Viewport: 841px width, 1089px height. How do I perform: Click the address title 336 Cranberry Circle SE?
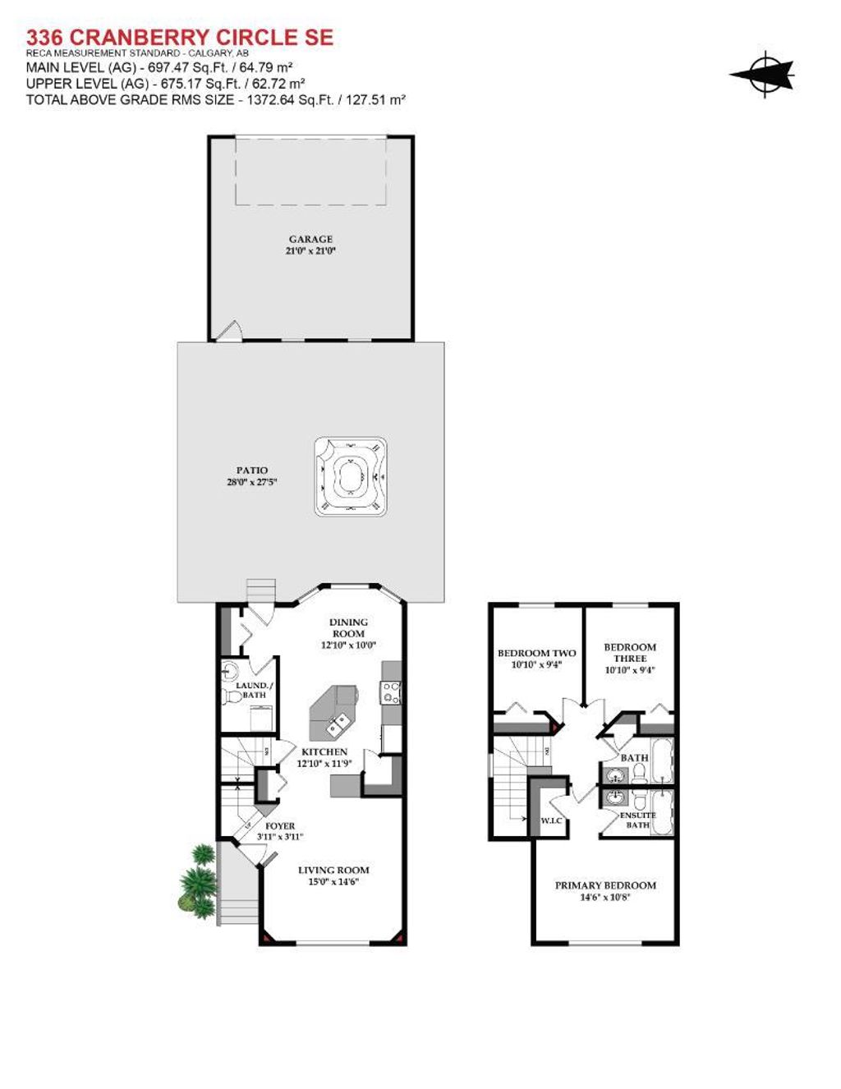(x=180, y=37)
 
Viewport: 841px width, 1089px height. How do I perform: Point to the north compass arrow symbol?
(x=763, y=75)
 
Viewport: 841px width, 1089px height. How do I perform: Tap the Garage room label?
(x=310, y=239)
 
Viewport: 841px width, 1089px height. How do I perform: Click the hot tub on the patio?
(x=351, y=476)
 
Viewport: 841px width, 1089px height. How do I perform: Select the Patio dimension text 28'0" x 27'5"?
(x=252, y=482)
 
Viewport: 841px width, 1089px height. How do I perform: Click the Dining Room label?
(x=348, y=627)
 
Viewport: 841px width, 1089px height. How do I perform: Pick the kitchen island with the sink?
(x=333, y=712)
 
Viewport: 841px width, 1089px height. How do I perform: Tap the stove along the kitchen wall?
(x=391, y=692)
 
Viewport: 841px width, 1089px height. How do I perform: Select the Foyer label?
(x=280, y=826)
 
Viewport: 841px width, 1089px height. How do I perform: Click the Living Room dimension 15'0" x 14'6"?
(x=333, y=882)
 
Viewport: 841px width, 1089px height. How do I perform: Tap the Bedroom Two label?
(x=536, y=653)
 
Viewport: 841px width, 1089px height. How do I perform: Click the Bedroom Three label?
(x=630, y=652)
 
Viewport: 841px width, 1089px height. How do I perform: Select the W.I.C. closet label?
(x=551, y=820)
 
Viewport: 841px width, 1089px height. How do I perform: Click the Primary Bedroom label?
(x=605, y=885)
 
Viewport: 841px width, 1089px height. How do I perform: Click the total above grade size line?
(x=216, y=99)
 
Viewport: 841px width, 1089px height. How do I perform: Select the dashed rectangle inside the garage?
(x=310, y=171)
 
